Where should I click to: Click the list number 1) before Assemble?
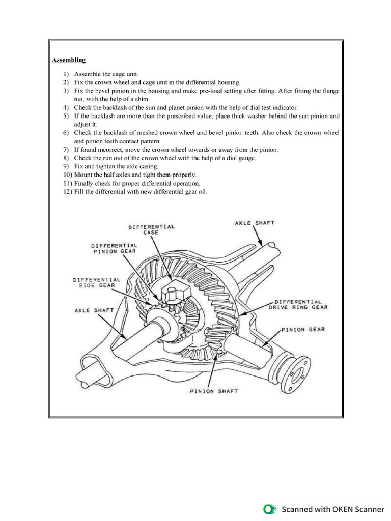(x=66, y=74)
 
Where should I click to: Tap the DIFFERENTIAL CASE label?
(x=151, y=229)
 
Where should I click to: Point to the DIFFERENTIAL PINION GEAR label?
(x=114, y=248)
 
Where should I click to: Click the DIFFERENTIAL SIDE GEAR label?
(x=96, y=282)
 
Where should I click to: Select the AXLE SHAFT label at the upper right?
(x=254, y=223)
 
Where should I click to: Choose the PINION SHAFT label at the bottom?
(x=213, y=391)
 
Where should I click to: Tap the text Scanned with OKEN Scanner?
(x=333, y=509)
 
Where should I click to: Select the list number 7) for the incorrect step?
(x=66, y=150)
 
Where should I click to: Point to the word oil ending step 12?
(x=202, y=191)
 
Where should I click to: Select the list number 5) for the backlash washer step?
(x=66, y=116)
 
